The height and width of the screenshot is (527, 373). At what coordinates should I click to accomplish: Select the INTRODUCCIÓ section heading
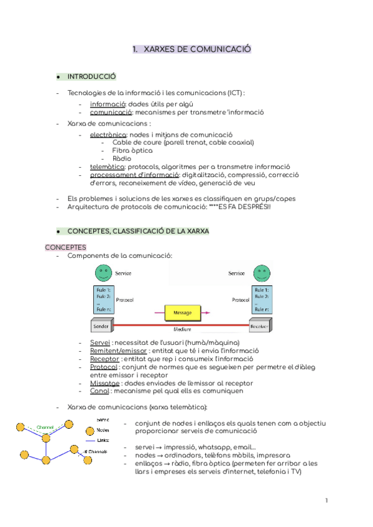(91, 76)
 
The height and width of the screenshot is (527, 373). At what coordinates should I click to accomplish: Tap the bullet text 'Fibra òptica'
(132, 150)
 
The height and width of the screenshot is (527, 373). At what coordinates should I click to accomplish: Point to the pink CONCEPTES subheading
(65, 247)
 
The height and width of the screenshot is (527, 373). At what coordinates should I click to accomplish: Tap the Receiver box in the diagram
(259, 326)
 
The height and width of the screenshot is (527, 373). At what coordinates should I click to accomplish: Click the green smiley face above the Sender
(103, 273)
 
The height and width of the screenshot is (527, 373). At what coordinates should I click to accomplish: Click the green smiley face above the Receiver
(260, 273)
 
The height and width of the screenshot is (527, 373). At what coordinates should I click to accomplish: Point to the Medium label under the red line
(182, 329)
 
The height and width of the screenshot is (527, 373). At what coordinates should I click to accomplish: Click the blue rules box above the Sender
(103, 299)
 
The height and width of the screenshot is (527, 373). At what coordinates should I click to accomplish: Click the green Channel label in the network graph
(45, 427)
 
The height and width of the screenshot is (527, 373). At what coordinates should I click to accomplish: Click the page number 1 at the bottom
(326, 500)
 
